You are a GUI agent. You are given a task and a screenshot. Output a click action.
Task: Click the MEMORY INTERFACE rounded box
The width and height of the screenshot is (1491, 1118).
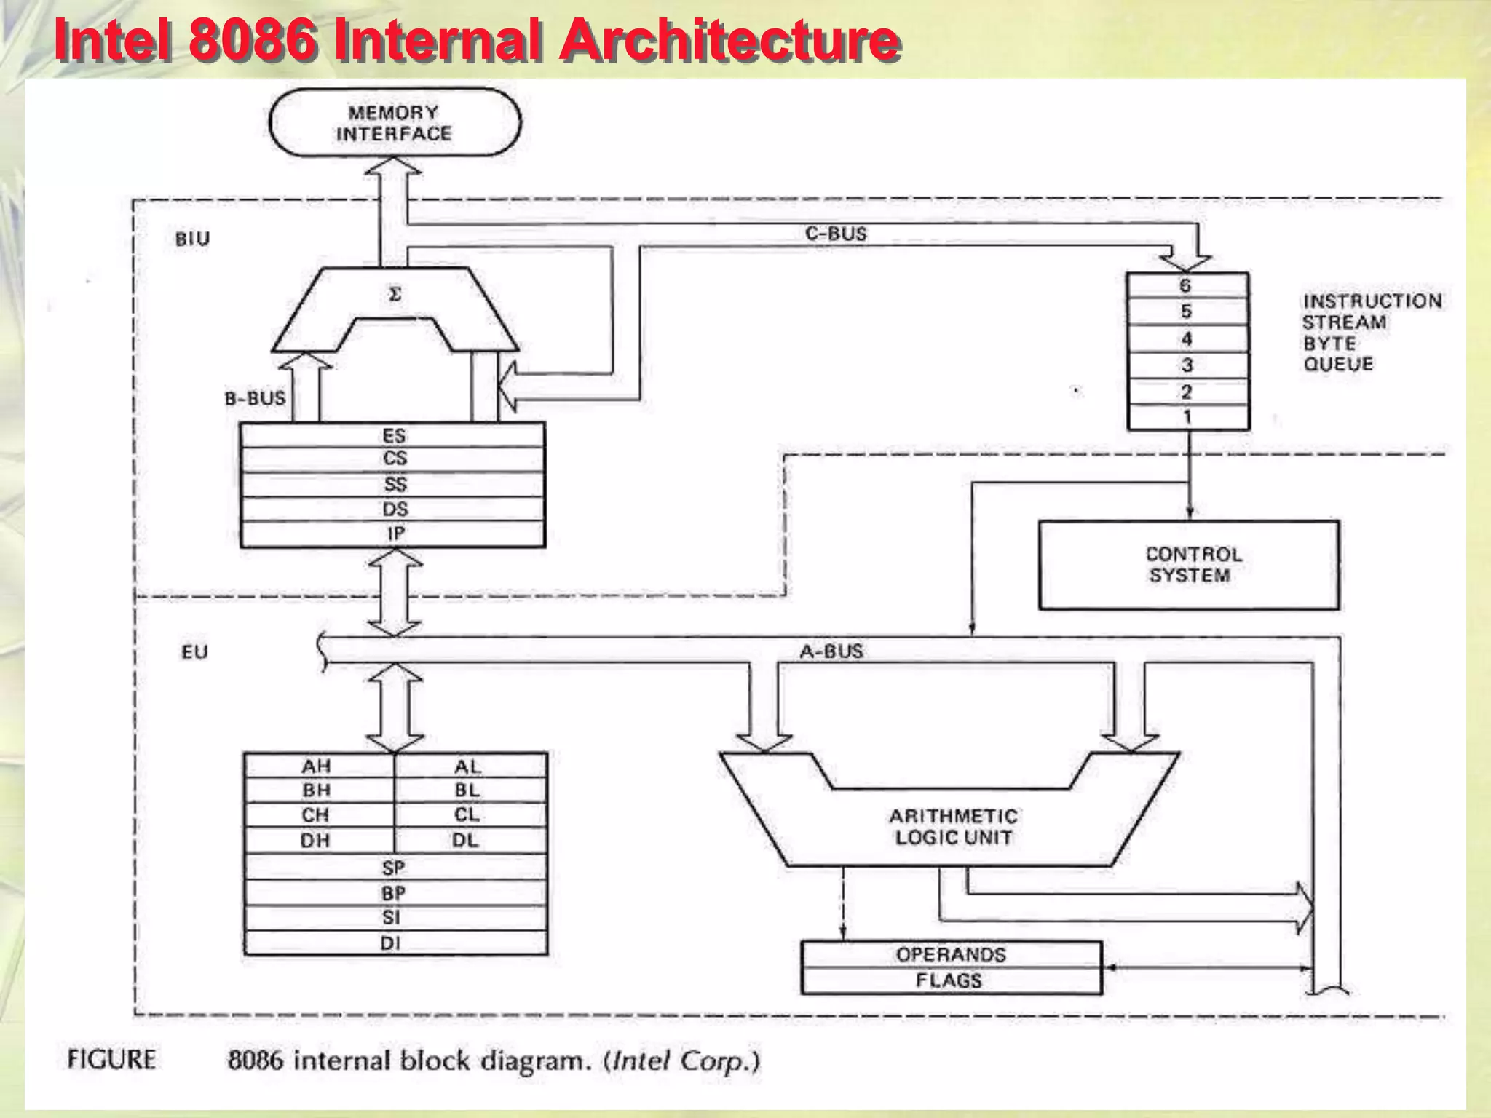click(x=395, y=123)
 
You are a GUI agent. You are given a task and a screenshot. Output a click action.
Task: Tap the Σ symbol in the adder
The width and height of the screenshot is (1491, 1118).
click(x=395, y=295)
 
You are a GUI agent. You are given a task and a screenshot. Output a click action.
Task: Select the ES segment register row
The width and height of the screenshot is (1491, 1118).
click(x=393, y=435)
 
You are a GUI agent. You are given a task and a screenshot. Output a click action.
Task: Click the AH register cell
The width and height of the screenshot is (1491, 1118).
click(x=317, y=766)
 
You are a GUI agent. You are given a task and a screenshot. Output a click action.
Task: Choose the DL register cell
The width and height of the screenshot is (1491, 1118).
click(x=466, y=840)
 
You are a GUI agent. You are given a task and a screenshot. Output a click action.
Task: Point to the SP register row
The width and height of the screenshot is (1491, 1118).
click(x=393, y=868)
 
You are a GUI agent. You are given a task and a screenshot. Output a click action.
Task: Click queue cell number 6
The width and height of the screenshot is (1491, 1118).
click(x=1186, y=285)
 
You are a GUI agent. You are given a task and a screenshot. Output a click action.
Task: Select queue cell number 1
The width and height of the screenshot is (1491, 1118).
click(x=1187, y=417)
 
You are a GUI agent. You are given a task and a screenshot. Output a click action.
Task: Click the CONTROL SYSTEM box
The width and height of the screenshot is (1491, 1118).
click(x=1189, y=565)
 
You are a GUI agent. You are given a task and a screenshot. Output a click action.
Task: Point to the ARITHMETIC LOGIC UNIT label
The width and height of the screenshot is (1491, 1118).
click(x=953, y=827)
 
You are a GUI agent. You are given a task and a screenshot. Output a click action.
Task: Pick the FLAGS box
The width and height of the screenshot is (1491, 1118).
click(x=949, y=980)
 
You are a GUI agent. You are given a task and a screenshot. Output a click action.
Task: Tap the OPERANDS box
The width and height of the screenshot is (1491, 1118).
click(x=951, y=954)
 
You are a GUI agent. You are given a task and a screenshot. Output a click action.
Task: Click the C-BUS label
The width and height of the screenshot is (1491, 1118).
click(x=836, y=234)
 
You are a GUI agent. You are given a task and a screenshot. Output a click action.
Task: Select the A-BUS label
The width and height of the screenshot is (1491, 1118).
click(x=831, y=651)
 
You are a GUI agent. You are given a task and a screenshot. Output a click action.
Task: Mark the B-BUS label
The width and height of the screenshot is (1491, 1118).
click(x=255, y=398)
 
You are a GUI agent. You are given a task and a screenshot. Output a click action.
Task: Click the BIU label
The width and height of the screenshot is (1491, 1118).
click(x=192, y=239)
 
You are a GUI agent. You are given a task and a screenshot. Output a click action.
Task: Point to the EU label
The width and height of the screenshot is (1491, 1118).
click(x=194, y=651)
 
